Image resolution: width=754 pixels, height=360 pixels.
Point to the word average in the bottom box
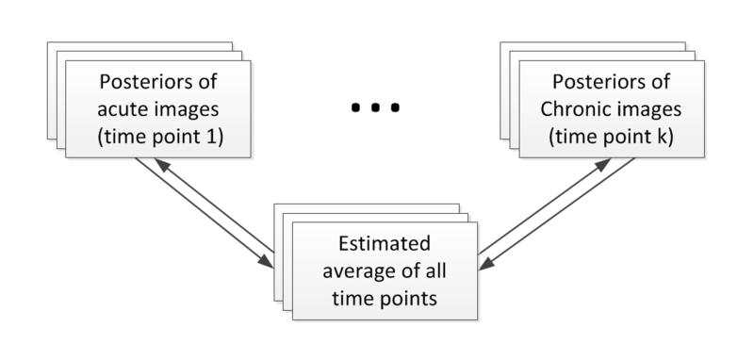354,273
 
